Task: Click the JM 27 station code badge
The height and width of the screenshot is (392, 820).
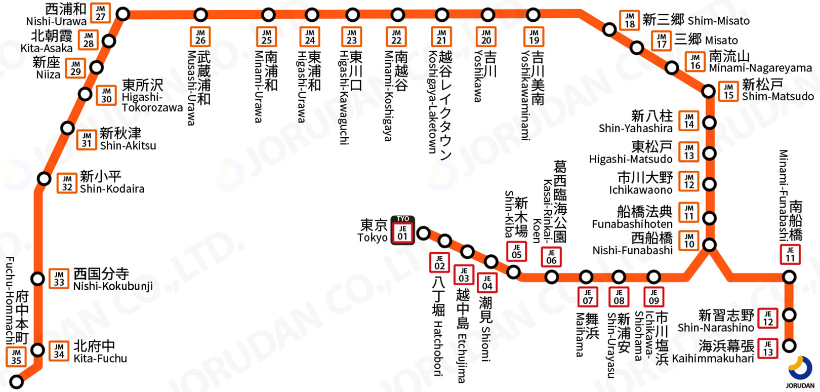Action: point(100,13)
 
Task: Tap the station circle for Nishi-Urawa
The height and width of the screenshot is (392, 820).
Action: point(122,14)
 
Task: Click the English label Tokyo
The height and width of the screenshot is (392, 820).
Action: point(372,238)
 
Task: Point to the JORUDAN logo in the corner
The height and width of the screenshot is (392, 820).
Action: point(800,373)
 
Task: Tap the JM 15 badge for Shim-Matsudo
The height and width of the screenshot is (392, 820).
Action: point(728,92)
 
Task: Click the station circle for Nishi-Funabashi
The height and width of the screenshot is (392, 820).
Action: point(710,245)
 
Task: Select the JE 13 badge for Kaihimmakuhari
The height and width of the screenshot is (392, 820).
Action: point(768,348)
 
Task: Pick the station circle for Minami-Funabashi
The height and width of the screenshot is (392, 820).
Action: point(789,277)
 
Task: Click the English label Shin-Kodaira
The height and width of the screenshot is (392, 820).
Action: point(112,189)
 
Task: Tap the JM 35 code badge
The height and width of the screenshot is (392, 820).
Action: point(16,357)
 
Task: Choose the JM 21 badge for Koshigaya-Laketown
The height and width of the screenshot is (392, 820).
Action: point(441,36)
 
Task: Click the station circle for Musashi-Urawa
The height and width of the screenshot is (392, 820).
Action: point(201,15)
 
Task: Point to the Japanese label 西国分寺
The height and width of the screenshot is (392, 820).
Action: point(101,274)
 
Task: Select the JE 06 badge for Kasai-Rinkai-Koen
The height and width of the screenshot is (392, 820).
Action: point(551,257)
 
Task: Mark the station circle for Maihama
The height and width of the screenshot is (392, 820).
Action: point(586,277)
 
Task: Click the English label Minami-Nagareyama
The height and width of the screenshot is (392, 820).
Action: point(760,68)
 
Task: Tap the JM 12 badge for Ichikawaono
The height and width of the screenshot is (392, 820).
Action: point(689,181)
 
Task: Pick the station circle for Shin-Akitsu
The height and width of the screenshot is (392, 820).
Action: point(67,128)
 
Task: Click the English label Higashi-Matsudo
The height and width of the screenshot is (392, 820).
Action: point(630,159)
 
